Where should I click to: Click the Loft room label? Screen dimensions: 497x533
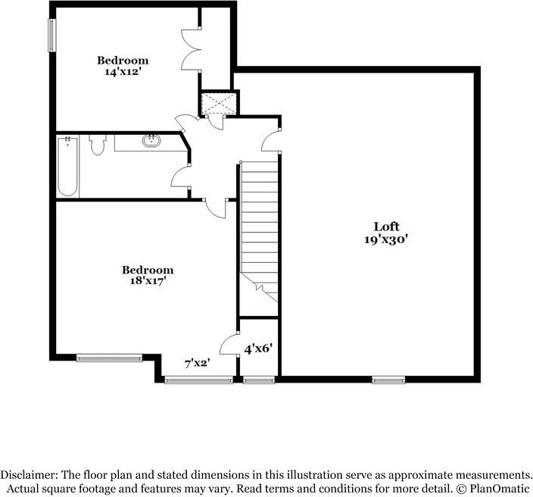[x=386, y=227]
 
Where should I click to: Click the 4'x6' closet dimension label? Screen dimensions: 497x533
[x=257, y=349]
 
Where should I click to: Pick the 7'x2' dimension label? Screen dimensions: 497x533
[x=198, y=364]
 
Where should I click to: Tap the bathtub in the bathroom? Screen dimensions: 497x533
[x=67, y=167]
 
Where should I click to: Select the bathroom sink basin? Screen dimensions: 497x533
[x=151, y=141]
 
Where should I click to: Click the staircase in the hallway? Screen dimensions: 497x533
[x=260, y=227]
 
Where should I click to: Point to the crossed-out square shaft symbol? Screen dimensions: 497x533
[x=219, y=103]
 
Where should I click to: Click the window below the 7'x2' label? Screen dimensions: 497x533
[x=198, y=379]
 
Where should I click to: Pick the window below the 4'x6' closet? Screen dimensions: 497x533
[x=258, y=379]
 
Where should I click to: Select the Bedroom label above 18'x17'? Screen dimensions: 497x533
[x=148, y=270]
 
